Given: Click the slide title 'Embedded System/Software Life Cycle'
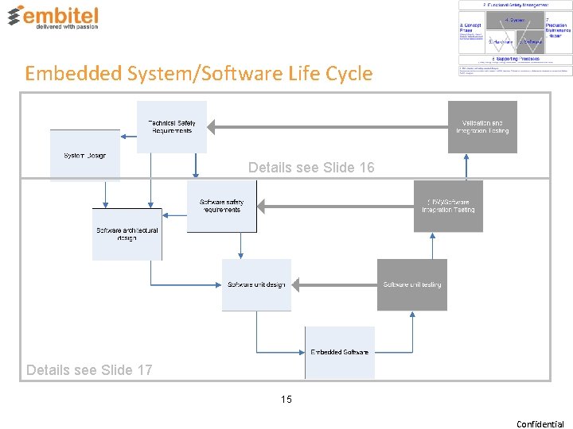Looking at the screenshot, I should pyautogui.click(x=198, y=74).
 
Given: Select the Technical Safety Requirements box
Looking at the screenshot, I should pyautogui.click(x=172, y=126).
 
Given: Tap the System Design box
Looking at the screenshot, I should pyautogui.click(x=84, y=156).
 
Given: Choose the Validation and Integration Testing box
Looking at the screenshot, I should pyautogui.click(x=482, y=127).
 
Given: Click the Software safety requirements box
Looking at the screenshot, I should pyautogui.click(x=221, y=206).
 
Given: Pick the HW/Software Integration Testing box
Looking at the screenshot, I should pyautogui.click(x=448, y=206).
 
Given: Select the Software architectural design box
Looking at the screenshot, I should pyautogui.click(x=127, y=234).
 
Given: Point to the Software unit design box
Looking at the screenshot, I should pyautogui.click(x=256, y=284).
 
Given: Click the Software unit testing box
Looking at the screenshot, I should pyautogui.click(x=411, y=284).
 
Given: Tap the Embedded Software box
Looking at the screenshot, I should pyautogui.click(x=339, y=352).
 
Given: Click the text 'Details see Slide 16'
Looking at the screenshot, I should pyautogui.click(x=311, y=168).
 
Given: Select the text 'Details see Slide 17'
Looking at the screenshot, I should pyautogui.click(x=89, y=369).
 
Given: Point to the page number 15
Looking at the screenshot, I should pyautogui.click(x=286, y=400).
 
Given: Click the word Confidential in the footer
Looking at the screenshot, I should pyautogui.click(x=540, y=423).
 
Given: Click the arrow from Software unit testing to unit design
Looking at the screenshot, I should pyautogui.click(x=334, y=284).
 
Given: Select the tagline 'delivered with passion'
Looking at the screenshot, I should pyautogui.click(x=66, y=25).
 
